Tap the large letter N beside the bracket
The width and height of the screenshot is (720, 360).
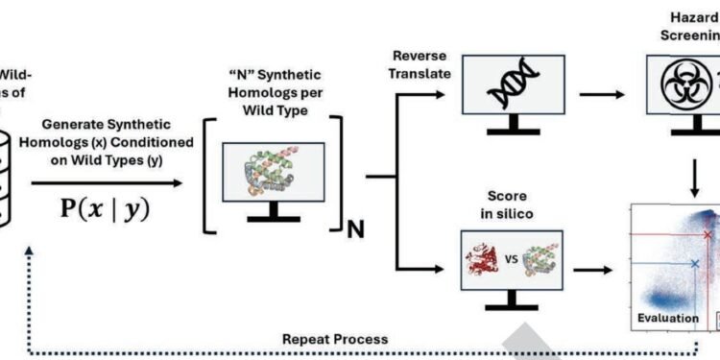[354, 230]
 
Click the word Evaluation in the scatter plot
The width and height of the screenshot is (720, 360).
[662, 316]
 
